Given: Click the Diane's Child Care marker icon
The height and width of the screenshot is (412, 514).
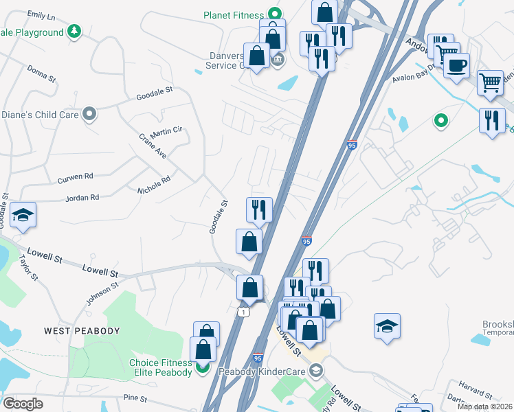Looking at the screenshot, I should [x=89, y=115].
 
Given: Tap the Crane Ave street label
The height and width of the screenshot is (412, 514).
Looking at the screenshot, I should [x=153, y=146].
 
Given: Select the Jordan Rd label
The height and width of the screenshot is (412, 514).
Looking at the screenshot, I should [x=82, y=197].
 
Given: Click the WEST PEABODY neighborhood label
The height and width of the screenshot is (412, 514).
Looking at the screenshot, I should [x=82, y=331].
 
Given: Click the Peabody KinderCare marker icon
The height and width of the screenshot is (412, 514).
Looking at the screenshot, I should [x=316, y=371].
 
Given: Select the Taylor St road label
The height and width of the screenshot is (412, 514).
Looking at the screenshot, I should [x=29, y=268].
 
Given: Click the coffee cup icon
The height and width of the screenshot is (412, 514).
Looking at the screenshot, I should [x=456, y=66].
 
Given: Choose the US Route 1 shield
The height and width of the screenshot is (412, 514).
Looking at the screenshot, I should [x=243, y=312].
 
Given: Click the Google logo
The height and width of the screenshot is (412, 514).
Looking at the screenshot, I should [x=23, y=403].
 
